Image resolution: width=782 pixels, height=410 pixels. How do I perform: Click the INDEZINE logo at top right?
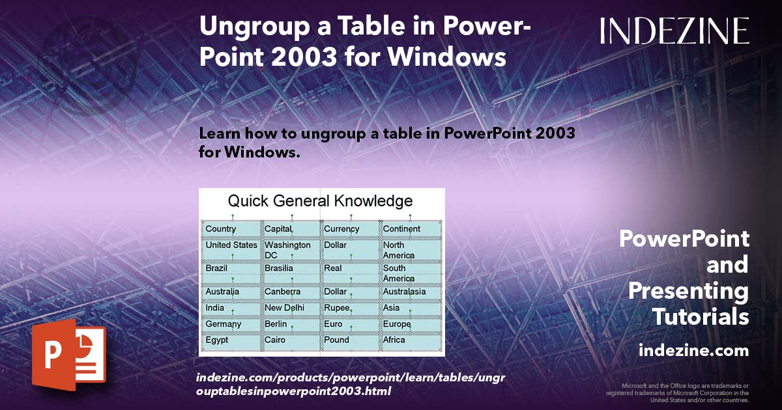[x=674, y=31]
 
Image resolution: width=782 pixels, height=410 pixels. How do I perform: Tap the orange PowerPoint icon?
[x=68, y=352]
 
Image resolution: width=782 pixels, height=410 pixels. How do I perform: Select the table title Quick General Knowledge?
[x=320, y=200]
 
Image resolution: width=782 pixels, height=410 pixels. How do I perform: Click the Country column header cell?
[x=221, y=229]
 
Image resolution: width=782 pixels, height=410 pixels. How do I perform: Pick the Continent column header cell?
[x=401, y=229]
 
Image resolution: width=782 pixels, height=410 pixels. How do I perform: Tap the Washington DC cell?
[x=287, y=250]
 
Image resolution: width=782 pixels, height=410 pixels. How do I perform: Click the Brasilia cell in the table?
[x=279, y=268]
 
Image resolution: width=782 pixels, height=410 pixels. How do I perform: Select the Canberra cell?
[x=282, y=292]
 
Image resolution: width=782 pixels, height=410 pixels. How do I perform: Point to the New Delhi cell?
[x=284, y=308]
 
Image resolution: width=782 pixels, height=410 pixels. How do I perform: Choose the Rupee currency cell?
[x=337, y=308]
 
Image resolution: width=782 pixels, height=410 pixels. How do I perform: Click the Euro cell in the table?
[x=333, y=324]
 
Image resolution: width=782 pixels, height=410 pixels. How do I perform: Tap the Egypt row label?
[x=217, y=340]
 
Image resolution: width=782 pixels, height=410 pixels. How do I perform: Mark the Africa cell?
[x=394, y=340]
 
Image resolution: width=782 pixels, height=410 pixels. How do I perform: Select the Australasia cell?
[x=404, y=292]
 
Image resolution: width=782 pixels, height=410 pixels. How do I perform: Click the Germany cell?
[x=224, y=324]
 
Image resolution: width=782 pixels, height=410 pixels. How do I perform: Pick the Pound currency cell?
[x=336, y=340]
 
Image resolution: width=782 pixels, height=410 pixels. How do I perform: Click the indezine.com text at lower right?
[x=693, y=351]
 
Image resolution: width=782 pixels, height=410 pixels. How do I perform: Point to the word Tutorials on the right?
[x=701, y=318]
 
